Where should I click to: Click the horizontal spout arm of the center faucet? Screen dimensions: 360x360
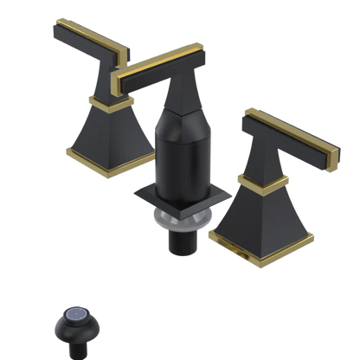[152, 74]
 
